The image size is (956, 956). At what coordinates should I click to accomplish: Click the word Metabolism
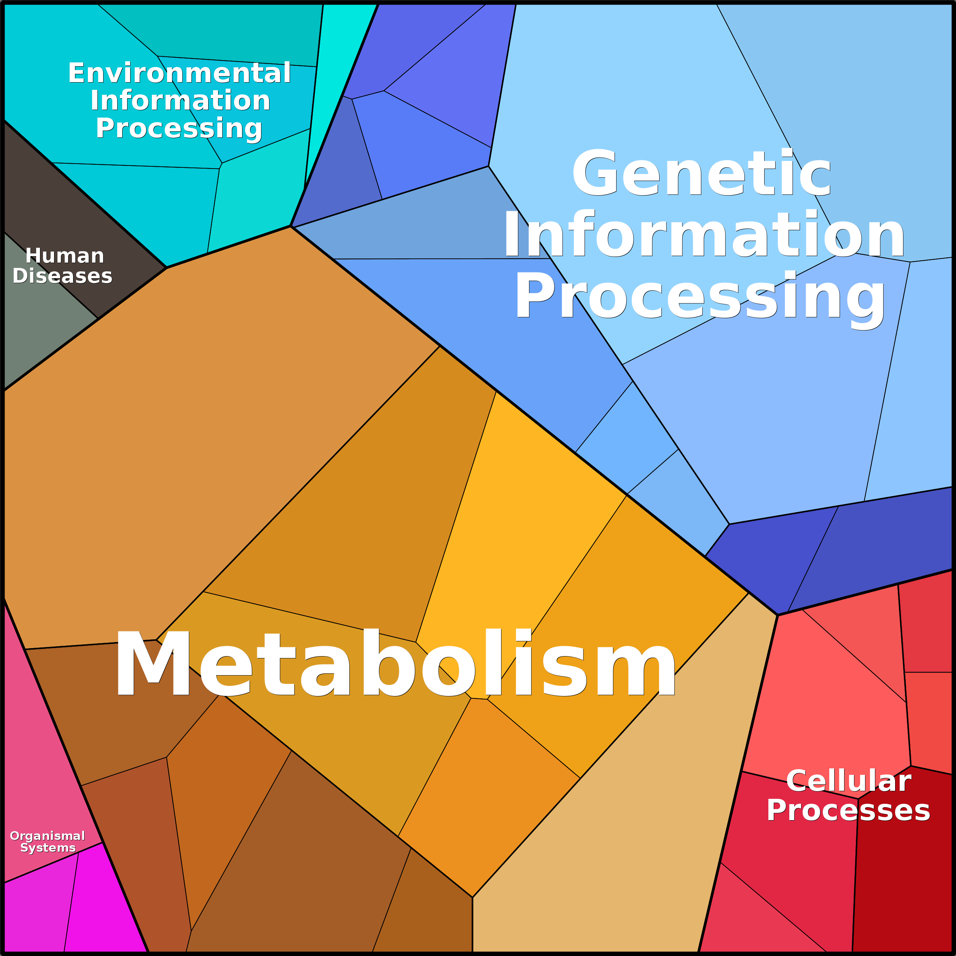[395, 663]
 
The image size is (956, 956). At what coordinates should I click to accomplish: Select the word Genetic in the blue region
[702, 173]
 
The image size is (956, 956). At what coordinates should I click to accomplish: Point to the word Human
[65, 256]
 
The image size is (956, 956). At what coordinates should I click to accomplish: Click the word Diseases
[62, 276]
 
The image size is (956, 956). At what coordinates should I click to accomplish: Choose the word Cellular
[848, 781]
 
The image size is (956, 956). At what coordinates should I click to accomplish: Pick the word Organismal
[48, 836]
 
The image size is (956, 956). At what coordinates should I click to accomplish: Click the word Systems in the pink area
[48, 848]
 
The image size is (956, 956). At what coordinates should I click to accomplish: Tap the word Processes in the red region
[848, 811]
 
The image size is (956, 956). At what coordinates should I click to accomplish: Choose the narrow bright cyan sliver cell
[336, 74]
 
